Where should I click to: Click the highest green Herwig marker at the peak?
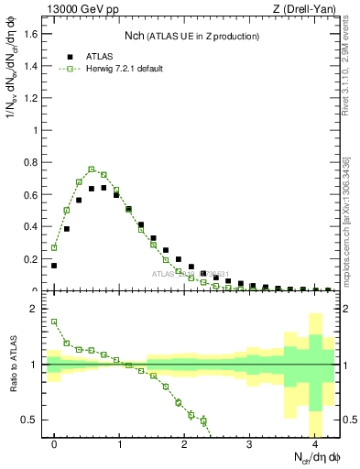click(x=92, y=169)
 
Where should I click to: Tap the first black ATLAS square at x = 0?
click(x=54, y=266)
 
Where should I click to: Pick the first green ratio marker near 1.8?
click(x=54, y=322)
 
